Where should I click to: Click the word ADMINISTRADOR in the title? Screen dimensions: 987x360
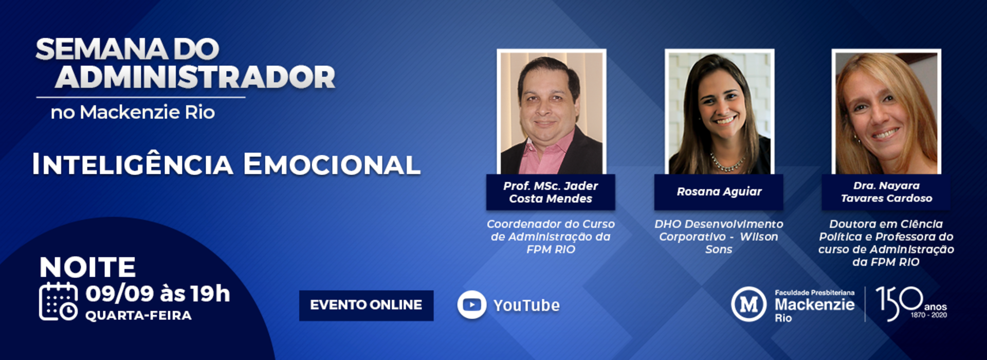pos(195,77)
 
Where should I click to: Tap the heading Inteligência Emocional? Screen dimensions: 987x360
pos(226,164)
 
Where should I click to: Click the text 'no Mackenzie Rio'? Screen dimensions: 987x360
pos(133,112)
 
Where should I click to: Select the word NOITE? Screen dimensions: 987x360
pos(87,267)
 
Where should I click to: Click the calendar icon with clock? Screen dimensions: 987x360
pos(58,302)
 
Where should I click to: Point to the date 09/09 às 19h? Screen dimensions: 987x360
pos(158,294)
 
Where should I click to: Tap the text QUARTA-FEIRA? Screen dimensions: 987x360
pos(138,315)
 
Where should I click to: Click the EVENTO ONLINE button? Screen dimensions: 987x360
pos(366,305)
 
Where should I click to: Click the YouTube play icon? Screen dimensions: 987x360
pos(471,304)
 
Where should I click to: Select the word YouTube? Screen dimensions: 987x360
pos(526,305)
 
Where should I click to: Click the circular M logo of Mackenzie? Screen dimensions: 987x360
pos(748,304)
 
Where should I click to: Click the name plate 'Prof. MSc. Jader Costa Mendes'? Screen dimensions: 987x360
pos(551,192)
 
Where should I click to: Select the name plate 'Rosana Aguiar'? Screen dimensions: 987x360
pos(719,192)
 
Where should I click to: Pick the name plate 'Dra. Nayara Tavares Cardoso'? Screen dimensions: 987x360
pos(886,192)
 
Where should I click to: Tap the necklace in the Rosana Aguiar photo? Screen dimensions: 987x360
pos(726,164)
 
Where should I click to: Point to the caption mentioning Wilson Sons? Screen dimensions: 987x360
pos(719,237)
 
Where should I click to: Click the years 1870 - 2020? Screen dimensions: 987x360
pos(929,315)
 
